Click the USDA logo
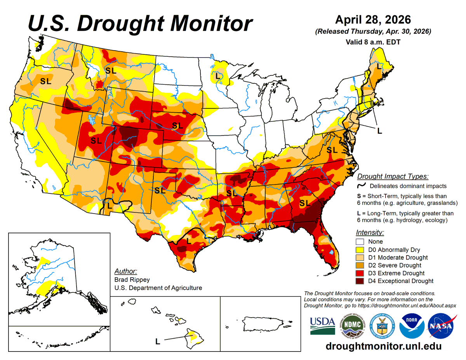pyautogui.click(x=322, y=325)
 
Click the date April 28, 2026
pyautogui.click(x=373, y=19)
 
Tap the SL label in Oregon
pyautogui.click(x=45, y=82)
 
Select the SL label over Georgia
pyautogui.click(x=305, y=203)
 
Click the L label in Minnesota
pyautogui.click(x=217, y=76)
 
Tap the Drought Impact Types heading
pyautogui.click(x=393, y=176)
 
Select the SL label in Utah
pyautogui.click(x=96, y=141)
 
